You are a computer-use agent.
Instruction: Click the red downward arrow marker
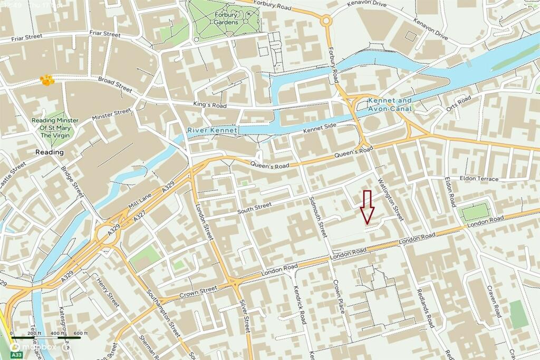(x=368, y=206)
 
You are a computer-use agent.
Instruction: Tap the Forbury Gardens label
(x=225, y=18)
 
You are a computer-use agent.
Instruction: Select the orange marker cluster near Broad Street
(x=47, y=80)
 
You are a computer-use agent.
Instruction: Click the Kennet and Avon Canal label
(x=390, y=104)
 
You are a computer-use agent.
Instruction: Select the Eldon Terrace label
(x=478, y=179)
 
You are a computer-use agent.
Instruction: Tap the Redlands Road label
(x=425, y=308)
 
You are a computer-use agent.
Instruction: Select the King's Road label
(x=209, y=105)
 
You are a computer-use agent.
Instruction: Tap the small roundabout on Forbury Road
(x=326, y=21)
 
